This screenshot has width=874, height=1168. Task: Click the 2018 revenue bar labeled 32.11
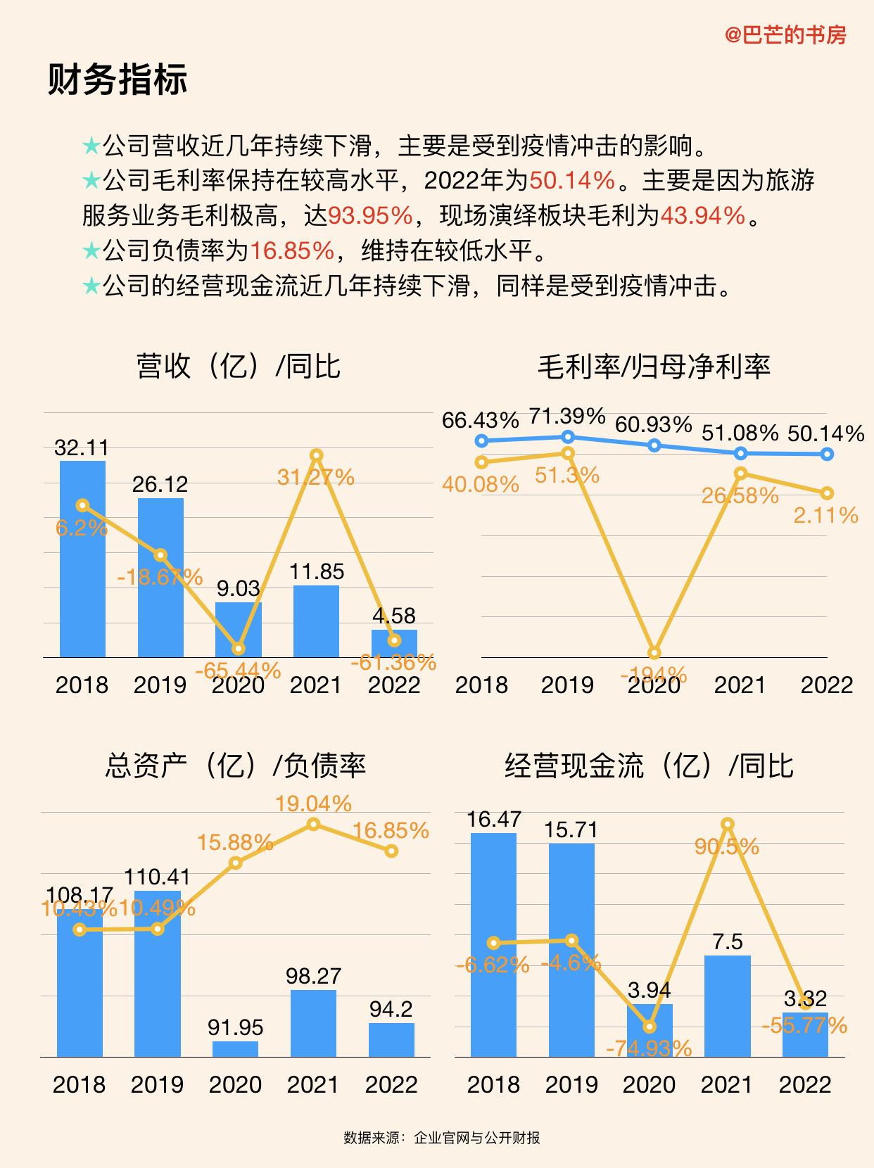click(x=82, y=563)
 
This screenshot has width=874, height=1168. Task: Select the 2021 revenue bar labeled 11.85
click(x=316, y=622)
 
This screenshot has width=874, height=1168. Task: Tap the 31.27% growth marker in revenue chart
click(x=316, y=455)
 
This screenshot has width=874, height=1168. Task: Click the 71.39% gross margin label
click(x=567, y=417)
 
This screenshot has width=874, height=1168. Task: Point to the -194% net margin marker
click(x=654, y=653)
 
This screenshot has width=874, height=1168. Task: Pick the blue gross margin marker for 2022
click(x=827, y=455)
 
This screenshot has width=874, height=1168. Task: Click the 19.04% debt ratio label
click(x=313, y=804)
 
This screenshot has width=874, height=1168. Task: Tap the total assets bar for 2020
click(x=236, y=1049)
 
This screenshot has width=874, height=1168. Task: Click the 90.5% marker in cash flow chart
click(x=728, y=824)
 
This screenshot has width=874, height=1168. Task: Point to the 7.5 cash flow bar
click(x=728, y=1006)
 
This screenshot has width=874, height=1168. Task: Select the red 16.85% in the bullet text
click(x=292, y=250)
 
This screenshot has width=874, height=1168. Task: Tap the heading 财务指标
click(x=118, y=79)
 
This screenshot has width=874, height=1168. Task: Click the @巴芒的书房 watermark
click(x=785, y=34)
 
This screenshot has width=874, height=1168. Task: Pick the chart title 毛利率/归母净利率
click(x=654, y=367)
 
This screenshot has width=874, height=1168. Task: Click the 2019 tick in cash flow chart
click(x=571, y=1084)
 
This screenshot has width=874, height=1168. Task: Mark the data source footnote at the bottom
click(x=441, y=1138)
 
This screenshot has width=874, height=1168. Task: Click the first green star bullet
click(x=91, y=146)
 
